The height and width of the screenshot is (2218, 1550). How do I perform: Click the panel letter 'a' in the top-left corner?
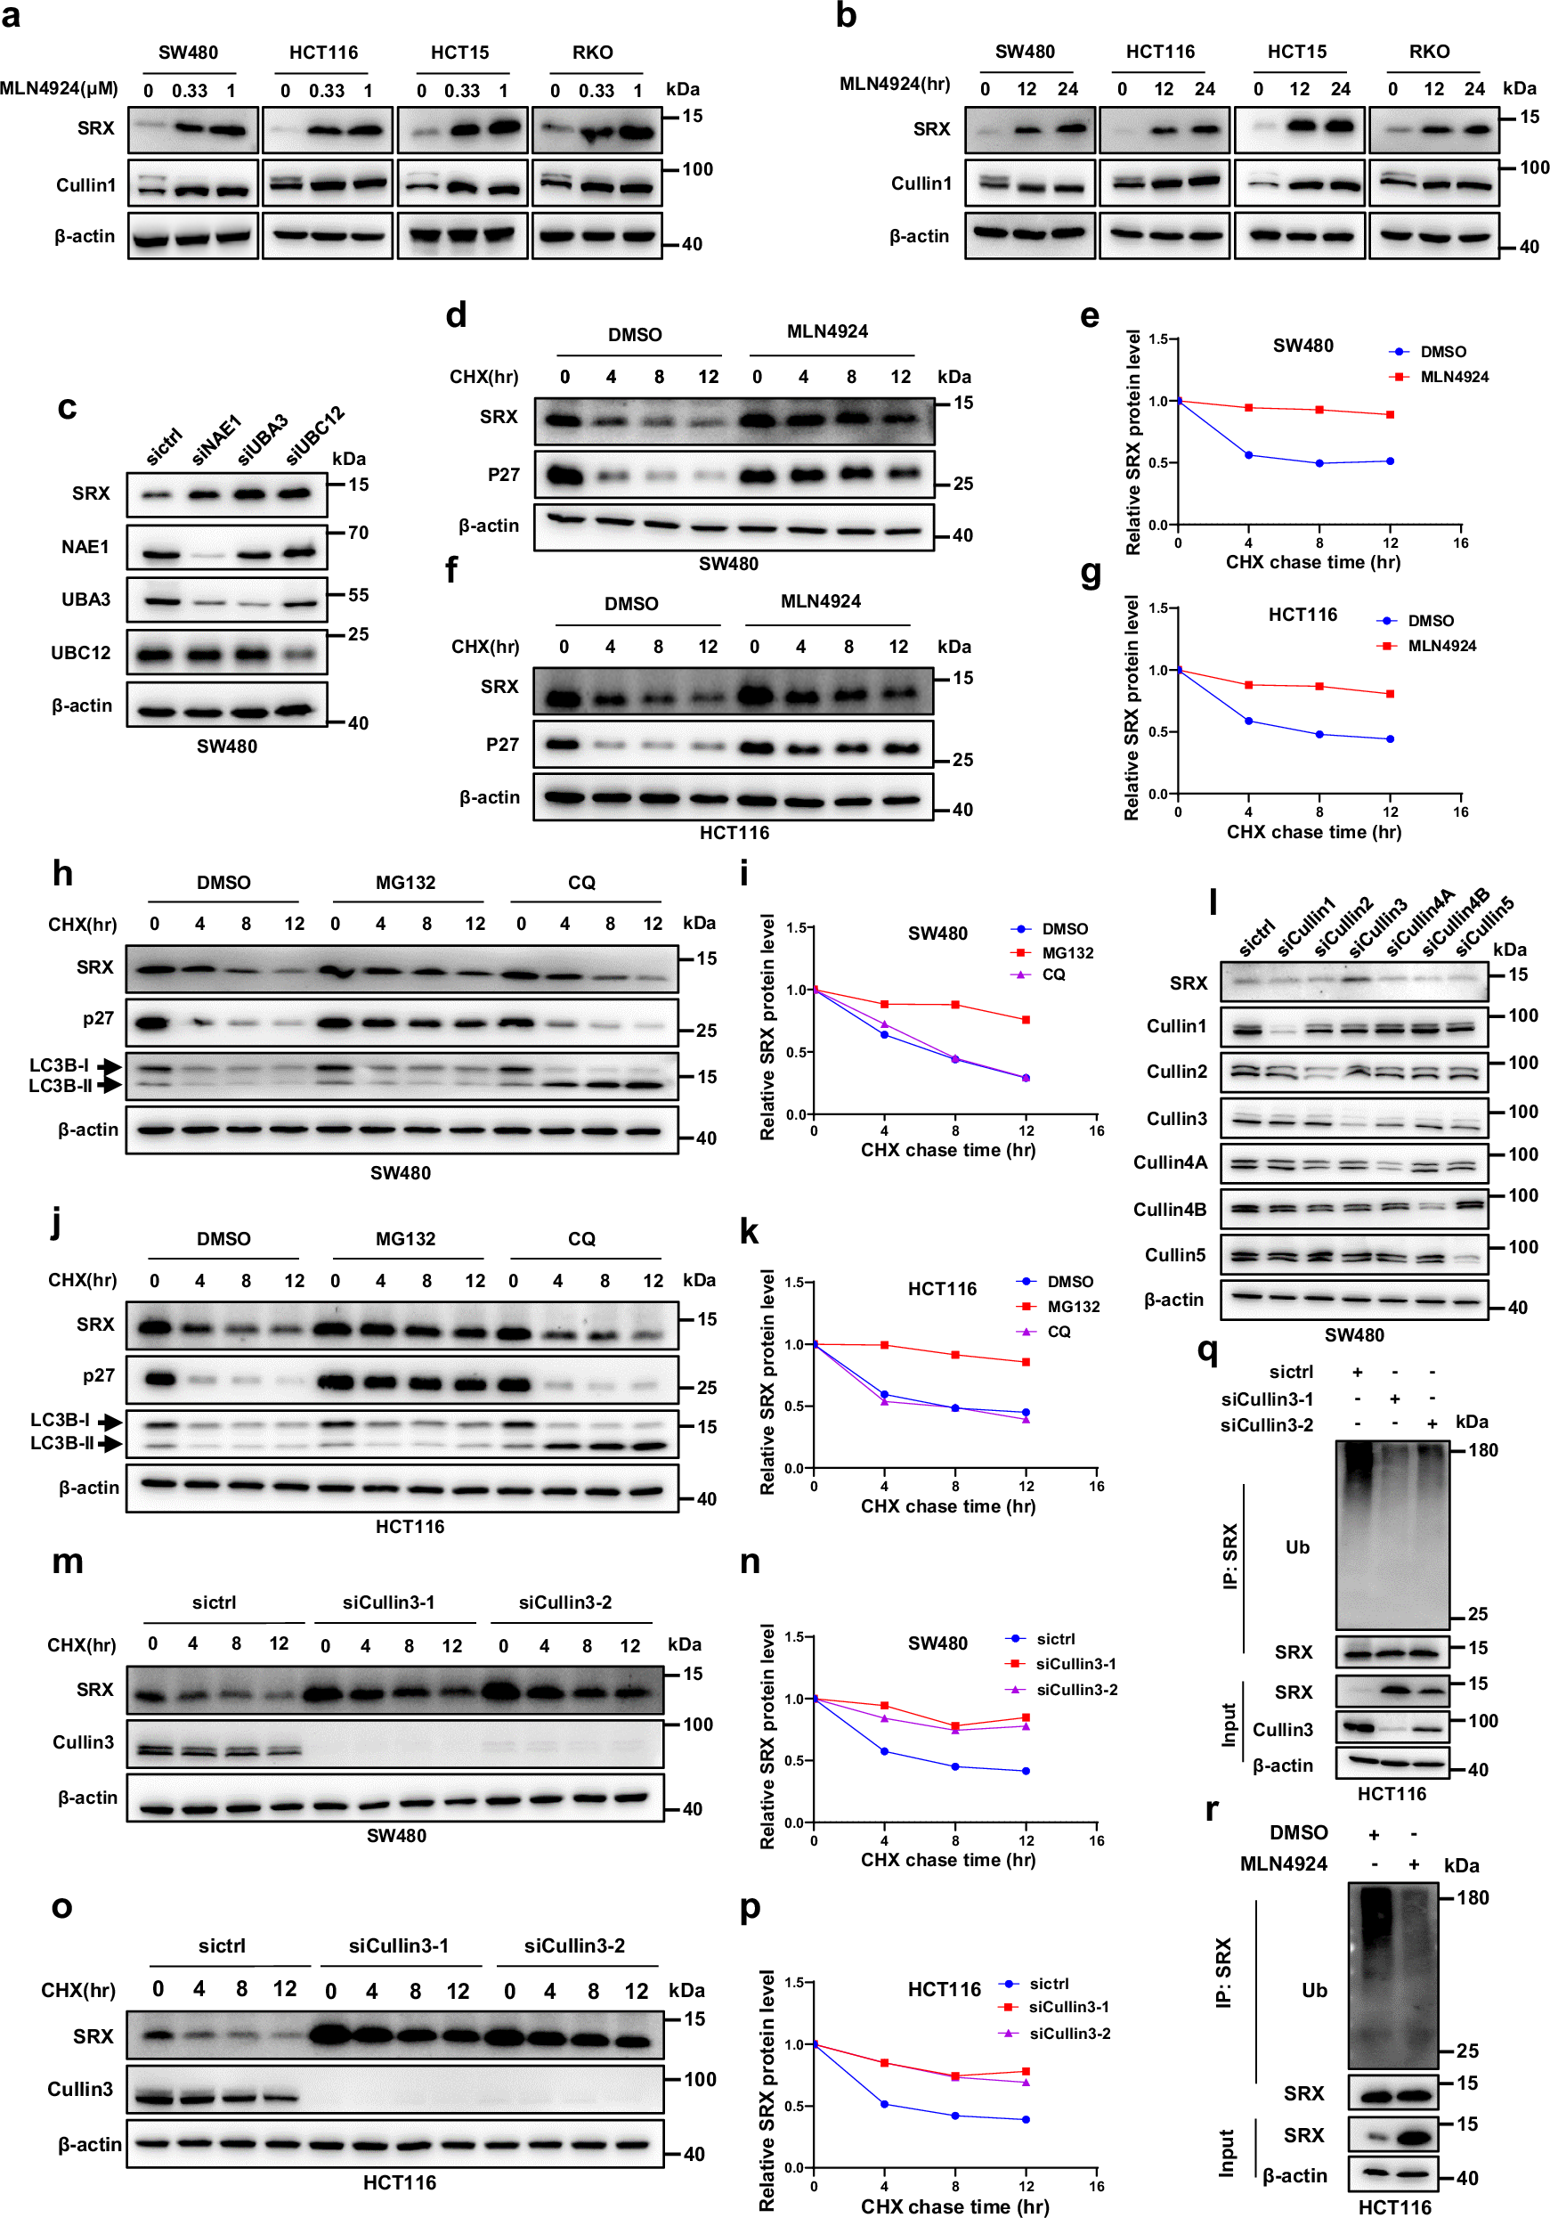11,16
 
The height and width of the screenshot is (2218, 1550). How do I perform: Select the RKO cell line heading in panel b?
1428,51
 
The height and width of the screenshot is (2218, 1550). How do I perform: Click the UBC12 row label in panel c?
81,653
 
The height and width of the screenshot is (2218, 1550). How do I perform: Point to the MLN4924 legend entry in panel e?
1452,377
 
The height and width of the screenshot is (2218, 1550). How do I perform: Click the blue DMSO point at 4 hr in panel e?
1249,455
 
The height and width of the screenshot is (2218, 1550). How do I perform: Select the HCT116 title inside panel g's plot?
1302,615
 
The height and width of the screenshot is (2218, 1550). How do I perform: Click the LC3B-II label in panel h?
60,1086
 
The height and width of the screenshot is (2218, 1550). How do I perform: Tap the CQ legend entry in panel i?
1052,974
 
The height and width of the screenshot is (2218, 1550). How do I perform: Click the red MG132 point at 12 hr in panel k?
1026,1362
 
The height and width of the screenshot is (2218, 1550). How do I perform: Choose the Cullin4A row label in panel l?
1170,1162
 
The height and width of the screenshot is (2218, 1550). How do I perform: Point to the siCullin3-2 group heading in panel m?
565,1602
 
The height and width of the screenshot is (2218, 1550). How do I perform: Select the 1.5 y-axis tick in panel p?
794,1982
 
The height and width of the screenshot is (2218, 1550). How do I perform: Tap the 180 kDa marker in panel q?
1482,1450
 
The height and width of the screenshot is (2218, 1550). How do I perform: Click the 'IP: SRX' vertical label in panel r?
1223,1973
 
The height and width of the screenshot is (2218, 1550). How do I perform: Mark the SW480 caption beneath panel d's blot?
728,563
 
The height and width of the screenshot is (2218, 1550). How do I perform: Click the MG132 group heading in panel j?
405,1238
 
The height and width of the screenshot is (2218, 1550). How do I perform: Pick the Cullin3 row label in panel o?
80,2089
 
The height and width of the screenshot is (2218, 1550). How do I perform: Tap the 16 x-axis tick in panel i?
1096,1130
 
